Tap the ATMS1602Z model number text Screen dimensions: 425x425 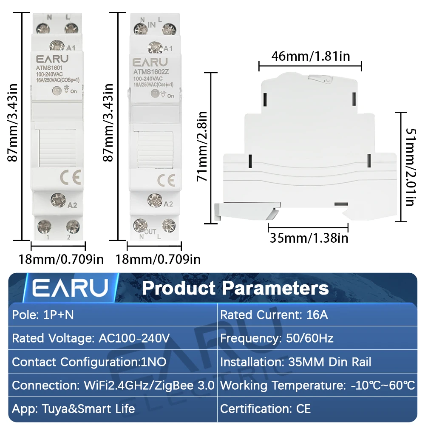pyautogui.click(x=151, y=72)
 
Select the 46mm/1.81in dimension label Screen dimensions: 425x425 pyautogui.click(x=311, y=57)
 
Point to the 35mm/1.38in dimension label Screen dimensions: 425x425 pyautogui.click(x=309, y=238)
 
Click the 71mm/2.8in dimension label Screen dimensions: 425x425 pyautogui.click(x=202, y=146)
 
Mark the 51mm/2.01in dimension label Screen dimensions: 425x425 pyautogui.click(x=410, y=167)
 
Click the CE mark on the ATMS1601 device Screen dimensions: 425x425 pyautogui.click(x=71, y=177)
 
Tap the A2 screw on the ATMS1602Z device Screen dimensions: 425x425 pyautogui.click(x=155, y=201)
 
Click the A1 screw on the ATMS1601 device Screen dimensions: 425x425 pyautogui.click(x=57, y=45)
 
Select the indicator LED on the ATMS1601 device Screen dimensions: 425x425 pyautogui.click(x=57, y=91)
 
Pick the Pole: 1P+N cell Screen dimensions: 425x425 pyautogui.click(x=113, y=314)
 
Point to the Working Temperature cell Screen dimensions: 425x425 pyautogui.click(x=317, y=385)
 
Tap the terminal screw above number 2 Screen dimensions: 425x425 pyautogui.click(x=73, y=227)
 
